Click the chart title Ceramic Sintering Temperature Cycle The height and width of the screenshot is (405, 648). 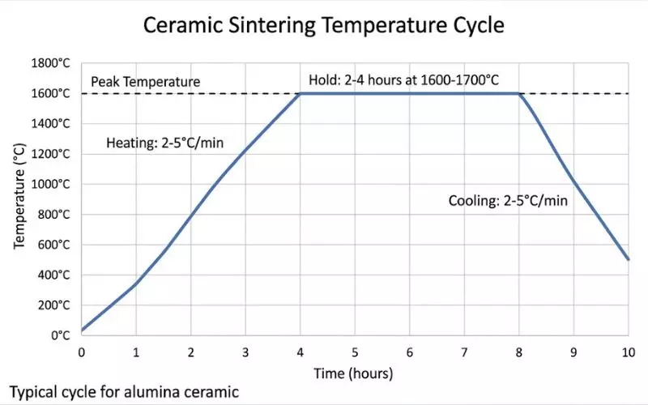[324, 25]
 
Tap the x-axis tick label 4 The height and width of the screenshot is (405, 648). [300, 352]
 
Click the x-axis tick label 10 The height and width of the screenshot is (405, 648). [628, 352]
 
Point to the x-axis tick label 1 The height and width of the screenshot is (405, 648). [136, 352]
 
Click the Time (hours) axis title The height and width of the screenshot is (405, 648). [355, 373]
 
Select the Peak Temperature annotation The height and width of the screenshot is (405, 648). [145, 82]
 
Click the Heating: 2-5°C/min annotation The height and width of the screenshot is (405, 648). [164, 144]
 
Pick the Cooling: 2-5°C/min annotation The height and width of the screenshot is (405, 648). [507, 200]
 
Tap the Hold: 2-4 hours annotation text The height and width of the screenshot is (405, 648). [403, 80]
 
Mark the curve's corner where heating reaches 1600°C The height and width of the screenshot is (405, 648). [301, 93]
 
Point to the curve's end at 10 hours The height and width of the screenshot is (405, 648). [628, 259]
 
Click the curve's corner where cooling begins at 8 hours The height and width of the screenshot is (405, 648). [519, 93]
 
